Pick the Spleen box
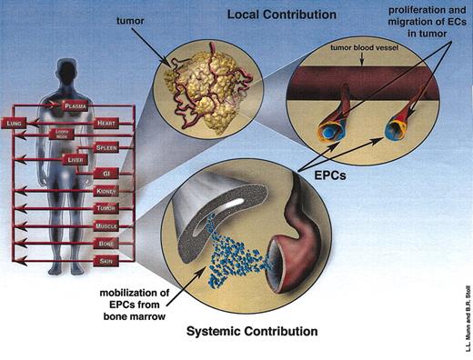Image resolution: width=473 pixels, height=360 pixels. (106, 146)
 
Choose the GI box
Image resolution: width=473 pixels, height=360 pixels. (106, 171)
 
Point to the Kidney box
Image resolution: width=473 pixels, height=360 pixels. (106, 191)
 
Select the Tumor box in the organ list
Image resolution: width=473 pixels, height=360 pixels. (106, 207)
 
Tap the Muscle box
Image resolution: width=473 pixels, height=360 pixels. (106, 225)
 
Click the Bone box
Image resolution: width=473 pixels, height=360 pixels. (106, 244)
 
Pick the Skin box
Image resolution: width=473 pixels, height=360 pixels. (106, 261)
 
